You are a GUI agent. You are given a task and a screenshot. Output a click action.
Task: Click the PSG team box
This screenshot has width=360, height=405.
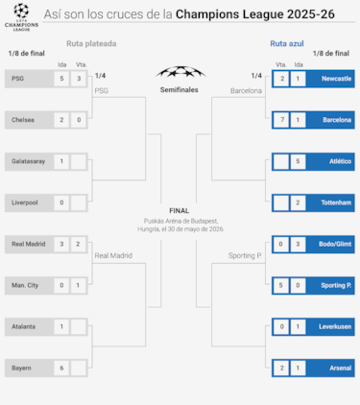tap(28, 78)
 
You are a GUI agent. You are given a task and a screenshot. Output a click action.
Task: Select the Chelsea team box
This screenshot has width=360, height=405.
tap(28, 119)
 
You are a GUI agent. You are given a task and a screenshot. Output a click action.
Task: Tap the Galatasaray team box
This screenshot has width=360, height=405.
tap(28, 161)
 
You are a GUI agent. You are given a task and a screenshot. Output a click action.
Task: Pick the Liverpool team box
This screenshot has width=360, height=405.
tap(28, 202)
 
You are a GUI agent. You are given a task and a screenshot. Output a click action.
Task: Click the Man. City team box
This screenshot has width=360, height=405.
tap(28, 285)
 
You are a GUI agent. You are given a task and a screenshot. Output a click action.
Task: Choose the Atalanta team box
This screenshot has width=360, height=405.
tap(28, 326)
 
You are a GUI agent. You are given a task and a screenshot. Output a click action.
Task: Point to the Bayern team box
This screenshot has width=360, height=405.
tap(28, 368)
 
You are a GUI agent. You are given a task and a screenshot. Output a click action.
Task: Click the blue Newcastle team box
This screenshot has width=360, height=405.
tap(331, 78)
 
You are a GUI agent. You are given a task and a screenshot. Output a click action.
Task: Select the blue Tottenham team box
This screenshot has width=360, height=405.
tap(331, 202)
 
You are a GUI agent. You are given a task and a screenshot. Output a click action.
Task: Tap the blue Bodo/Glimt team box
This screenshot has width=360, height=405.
tap(331, 244)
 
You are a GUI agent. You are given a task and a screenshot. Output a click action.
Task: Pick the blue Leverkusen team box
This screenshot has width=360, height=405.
tap(331, 326)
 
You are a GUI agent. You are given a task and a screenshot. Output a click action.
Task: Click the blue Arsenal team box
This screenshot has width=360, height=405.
tap(331, 368)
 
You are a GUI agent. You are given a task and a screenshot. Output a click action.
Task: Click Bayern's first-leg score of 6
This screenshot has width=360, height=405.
tap(61, 368)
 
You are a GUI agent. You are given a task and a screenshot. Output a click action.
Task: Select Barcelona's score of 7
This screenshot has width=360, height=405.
tap(280, 119)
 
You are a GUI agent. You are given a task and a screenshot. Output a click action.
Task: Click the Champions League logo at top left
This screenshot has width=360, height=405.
tap(18, 16)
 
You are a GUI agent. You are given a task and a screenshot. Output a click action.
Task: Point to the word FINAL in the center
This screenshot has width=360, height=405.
tap(179, 209)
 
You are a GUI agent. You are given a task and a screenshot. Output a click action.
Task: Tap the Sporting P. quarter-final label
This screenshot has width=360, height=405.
tap(245, 255)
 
